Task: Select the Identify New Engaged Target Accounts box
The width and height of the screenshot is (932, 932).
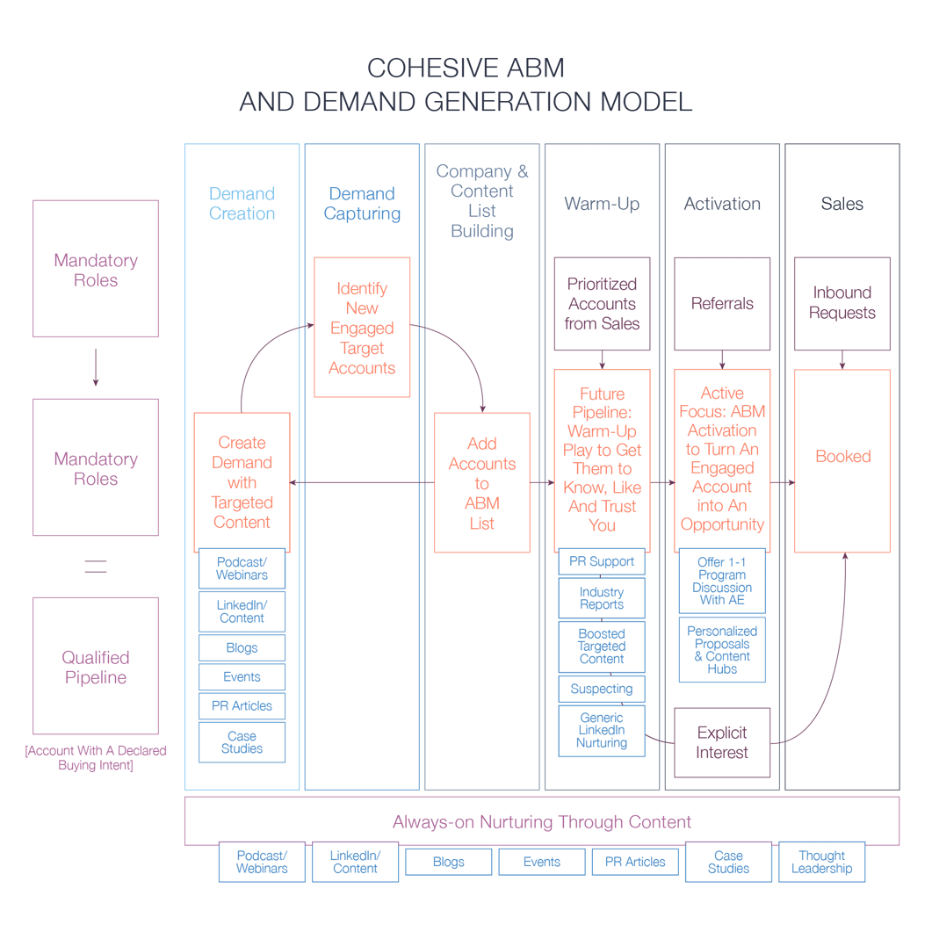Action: (x=362, y=327)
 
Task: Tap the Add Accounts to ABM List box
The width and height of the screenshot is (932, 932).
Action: (x=482, y=482)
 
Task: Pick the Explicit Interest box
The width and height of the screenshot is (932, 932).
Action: (x=722, y=742)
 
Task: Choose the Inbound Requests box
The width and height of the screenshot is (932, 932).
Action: (x=842, y=303)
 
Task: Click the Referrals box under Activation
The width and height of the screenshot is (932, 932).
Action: (x=722, y=303)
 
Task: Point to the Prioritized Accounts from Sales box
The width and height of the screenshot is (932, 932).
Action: (x=602, y=303)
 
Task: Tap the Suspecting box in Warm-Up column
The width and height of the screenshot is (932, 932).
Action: (x=602, y=689)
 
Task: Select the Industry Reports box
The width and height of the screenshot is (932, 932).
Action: (x=602, y=597)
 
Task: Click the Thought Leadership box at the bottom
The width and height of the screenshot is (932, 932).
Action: (x=821, y=862)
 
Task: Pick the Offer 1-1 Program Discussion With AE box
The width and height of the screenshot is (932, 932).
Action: (x=722, y=580)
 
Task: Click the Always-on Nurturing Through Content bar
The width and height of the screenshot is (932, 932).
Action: (x=542, y=821)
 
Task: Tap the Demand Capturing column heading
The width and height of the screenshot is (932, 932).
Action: (x=362, y=204)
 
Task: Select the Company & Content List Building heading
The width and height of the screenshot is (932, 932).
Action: (x=482, y=201)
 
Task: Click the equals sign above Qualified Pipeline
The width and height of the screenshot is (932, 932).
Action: (x=96, y=567)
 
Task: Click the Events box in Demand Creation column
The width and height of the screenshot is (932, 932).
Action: (x=242, y=677)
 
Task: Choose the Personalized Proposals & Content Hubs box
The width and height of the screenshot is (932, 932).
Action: (x=722, y=650)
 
